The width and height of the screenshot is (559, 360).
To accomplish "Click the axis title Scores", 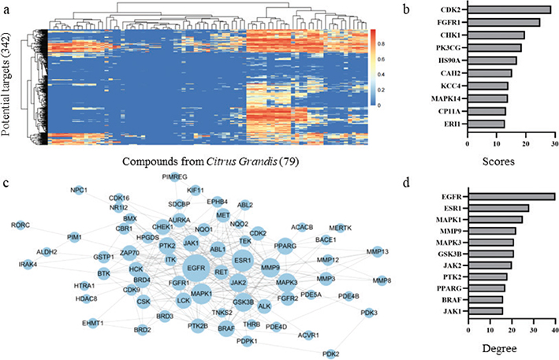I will (511, 161).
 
